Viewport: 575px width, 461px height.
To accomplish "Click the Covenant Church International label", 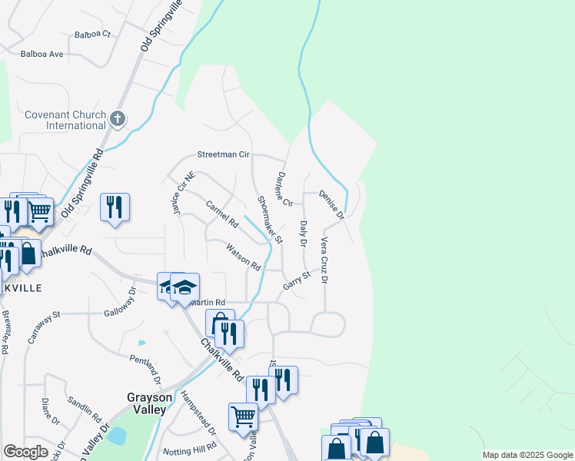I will pos(65,120).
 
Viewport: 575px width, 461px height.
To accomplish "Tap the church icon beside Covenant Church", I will pos(117,118).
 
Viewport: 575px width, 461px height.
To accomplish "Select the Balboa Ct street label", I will pos(93,35).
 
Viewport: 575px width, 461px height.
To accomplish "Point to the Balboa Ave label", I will pos(42,55).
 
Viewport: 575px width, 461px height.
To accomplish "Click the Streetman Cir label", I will pos(224,154).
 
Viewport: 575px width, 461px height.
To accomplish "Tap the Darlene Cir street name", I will pos(284,188).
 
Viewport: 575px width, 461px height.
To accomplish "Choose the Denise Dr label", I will pos(331,204).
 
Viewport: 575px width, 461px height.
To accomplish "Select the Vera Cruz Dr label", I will pos(324,260).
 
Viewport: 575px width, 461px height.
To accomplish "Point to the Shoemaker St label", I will pos(270,220).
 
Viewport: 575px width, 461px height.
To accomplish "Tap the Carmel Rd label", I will pos(223,214).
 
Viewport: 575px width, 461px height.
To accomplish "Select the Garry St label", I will pos(295,280).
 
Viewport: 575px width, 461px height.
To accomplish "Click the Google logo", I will pos(25,452).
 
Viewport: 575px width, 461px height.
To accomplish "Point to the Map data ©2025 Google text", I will pos(527,455).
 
